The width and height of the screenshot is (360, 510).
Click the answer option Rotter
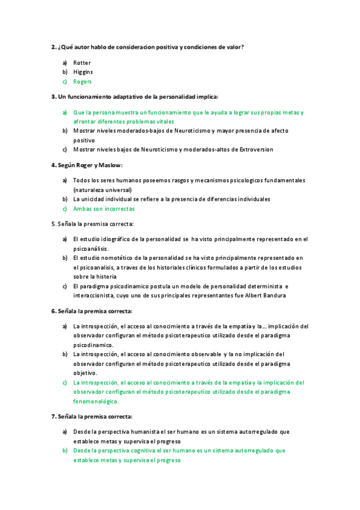(82, 63)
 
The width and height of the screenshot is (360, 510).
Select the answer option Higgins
(84, 72)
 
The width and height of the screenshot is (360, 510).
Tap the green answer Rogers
(83, 82)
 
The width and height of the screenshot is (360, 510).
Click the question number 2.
(53, 47)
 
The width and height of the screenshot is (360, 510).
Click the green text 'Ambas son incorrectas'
(104, 209)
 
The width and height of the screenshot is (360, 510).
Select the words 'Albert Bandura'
(264, 296)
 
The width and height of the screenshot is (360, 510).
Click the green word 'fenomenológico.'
(96, 401)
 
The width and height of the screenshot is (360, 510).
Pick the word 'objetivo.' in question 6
(85, 373)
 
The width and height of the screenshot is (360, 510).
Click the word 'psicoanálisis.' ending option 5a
(91, 248)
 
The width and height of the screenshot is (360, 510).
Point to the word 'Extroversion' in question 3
(252, 149)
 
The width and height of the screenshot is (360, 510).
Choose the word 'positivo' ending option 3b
(84, 140)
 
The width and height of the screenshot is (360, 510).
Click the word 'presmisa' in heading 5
(87, 224)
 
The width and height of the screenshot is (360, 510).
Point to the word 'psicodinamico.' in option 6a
(93, 345)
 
